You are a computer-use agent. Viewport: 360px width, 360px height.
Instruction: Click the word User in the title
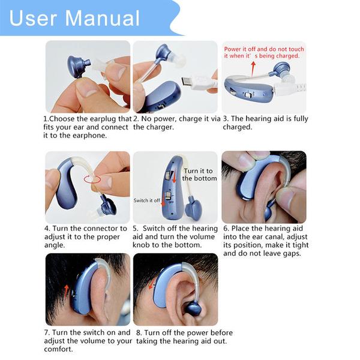coord(34,17)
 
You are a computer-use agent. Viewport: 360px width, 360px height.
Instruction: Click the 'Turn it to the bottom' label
coord(200,175)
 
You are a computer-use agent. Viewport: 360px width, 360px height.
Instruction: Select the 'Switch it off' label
coord(146,200)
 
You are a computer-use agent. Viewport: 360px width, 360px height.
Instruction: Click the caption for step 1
coord(87,127)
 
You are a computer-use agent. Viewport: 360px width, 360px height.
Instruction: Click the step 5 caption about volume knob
coord(175,236)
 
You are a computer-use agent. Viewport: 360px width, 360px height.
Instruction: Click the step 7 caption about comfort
coord(87,340)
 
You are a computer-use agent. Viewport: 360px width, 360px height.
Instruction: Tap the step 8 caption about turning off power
coord(183,337)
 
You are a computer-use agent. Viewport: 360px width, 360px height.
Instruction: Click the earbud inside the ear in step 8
coord(193,308)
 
